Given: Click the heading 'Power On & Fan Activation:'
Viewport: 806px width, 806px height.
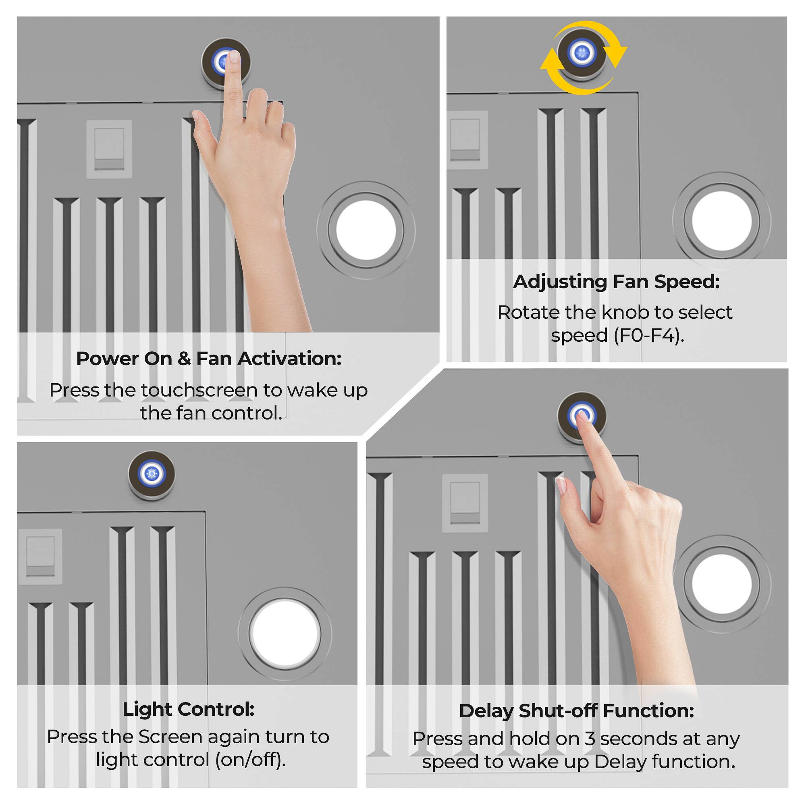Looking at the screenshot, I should [209, 359].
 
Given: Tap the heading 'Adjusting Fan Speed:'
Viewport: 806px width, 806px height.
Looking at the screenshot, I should [616, 282].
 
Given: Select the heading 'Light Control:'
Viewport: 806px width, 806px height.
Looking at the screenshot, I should [189, 709].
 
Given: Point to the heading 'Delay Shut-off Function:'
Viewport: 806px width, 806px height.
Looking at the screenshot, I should [577, 711].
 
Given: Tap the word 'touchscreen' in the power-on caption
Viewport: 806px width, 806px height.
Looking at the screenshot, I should [199, 391].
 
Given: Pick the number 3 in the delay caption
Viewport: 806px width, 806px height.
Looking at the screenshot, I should [590, 738].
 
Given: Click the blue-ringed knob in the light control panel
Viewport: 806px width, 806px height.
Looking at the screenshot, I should [152, 474].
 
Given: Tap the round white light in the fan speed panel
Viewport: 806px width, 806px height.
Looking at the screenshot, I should [722, 221].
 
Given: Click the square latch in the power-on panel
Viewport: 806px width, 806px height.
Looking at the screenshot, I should [109, 149].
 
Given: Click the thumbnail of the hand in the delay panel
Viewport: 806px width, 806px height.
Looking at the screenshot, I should [561, 486].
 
